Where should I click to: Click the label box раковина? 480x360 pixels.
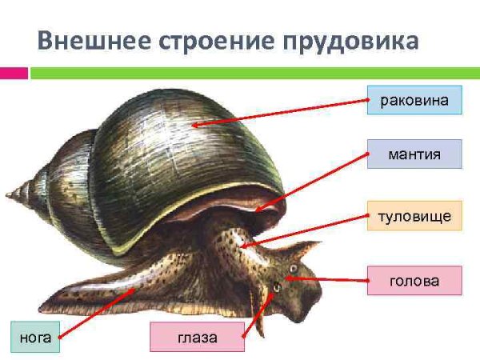[x=414, y=101]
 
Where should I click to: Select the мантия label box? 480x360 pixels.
[x=414, y=154]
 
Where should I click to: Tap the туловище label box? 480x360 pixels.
[x=414, y=216]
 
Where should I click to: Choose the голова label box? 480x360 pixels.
[x=414, y=281]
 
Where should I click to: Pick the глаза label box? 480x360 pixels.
[x=197, y=338]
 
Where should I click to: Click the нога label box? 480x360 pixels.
[x=34, y=338]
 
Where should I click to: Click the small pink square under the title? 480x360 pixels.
[x=14, y=73]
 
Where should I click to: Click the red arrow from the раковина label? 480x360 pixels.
[x=280, y=113]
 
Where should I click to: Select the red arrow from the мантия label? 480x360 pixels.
[x=312, y=181]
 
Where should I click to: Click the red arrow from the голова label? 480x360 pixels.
[x=328, y=280]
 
